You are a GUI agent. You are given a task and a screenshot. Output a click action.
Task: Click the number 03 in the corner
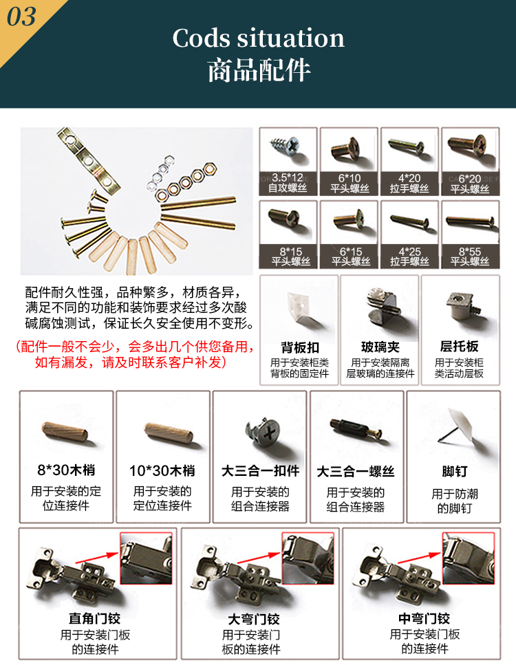pos(21,17)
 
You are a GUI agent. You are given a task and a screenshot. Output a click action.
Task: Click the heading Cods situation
pos(258,39)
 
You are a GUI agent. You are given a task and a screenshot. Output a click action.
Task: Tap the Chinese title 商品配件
pos(259,70)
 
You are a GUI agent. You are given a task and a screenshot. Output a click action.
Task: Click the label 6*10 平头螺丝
pos(350,183)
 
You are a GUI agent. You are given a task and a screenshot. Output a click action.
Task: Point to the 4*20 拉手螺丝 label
pos(409,183)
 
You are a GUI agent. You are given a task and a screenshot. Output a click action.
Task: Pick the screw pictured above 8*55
pos(471,221)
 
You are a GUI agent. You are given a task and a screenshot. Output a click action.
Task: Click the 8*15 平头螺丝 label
pos(290,257)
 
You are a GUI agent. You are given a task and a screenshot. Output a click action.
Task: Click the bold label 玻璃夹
pos(380,347)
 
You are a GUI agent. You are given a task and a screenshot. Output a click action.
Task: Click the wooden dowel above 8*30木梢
pos(65,431)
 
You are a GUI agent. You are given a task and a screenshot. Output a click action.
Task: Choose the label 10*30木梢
pos(162,471)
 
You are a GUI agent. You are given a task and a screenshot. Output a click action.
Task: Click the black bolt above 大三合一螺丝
pos(356,428)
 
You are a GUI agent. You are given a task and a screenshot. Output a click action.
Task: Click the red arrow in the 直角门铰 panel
pos(98,558)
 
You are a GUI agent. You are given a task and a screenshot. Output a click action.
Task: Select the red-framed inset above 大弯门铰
pos(308,558)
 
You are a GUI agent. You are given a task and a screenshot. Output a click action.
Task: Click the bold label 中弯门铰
pos(424,619)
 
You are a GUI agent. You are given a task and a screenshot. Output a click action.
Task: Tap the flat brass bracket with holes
pos(89,162)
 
